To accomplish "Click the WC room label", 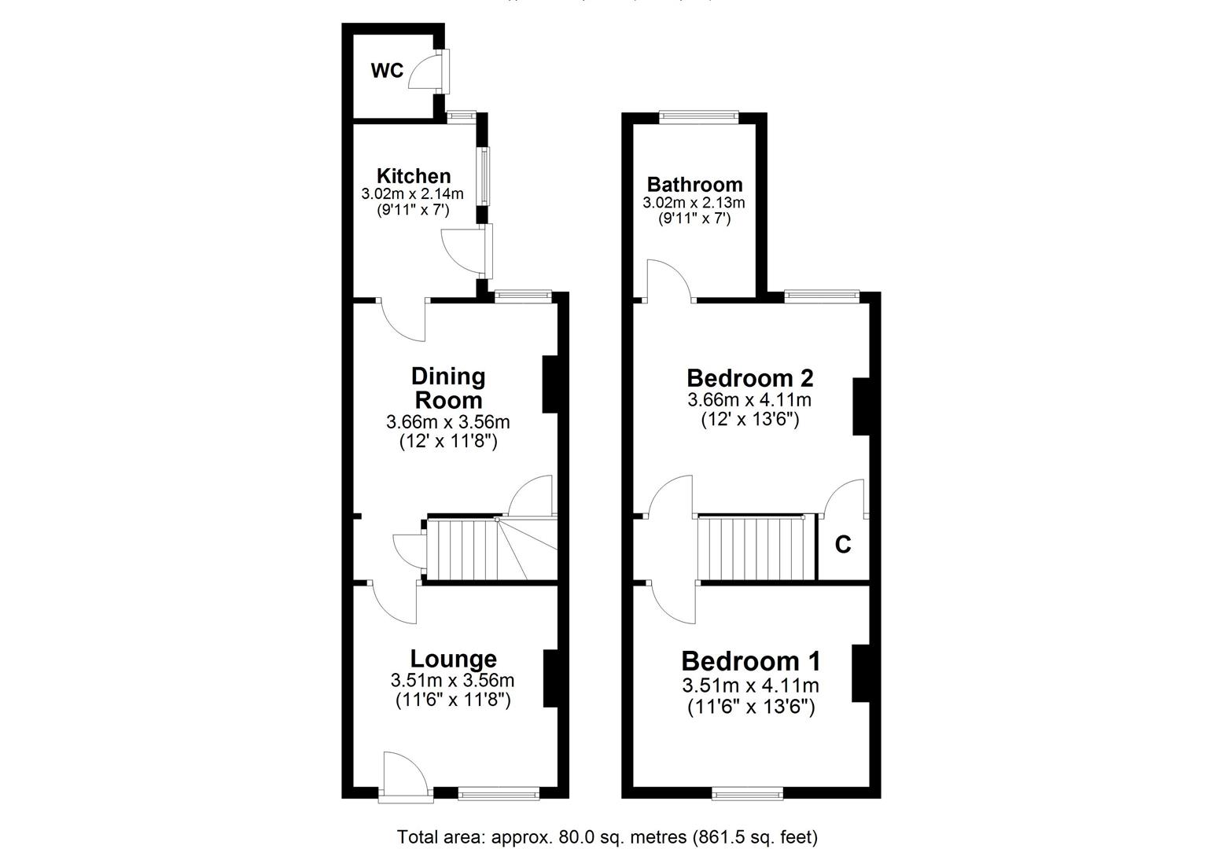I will [x=387, y=72].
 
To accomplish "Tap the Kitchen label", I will [x=414, y=176].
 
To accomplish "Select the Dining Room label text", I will [x=448, y=388].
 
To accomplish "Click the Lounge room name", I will [x=453, y=659].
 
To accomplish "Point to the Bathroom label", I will [x=694, y=185].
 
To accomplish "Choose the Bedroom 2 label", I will [x=749, y=378].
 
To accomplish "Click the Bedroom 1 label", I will [x=750, y=660].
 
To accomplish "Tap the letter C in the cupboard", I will [x=842, y=544].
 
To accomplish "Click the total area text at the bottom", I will [x=607, y=836].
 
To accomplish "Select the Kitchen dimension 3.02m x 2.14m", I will [x=412, y=193].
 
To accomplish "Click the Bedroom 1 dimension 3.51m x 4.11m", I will [x=751, y=686].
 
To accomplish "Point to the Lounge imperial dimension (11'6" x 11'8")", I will [x=453, y=699].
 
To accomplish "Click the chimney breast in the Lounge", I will [x=550, y=678].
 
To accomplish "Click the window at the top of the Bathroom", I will [x=698, y=118].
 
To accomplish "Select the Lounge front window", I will [x=499, y=795].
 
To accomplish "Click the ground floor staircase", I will [x=464, y=549].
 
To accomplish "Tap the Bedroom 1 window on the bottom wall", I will [x=747, y=795].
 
